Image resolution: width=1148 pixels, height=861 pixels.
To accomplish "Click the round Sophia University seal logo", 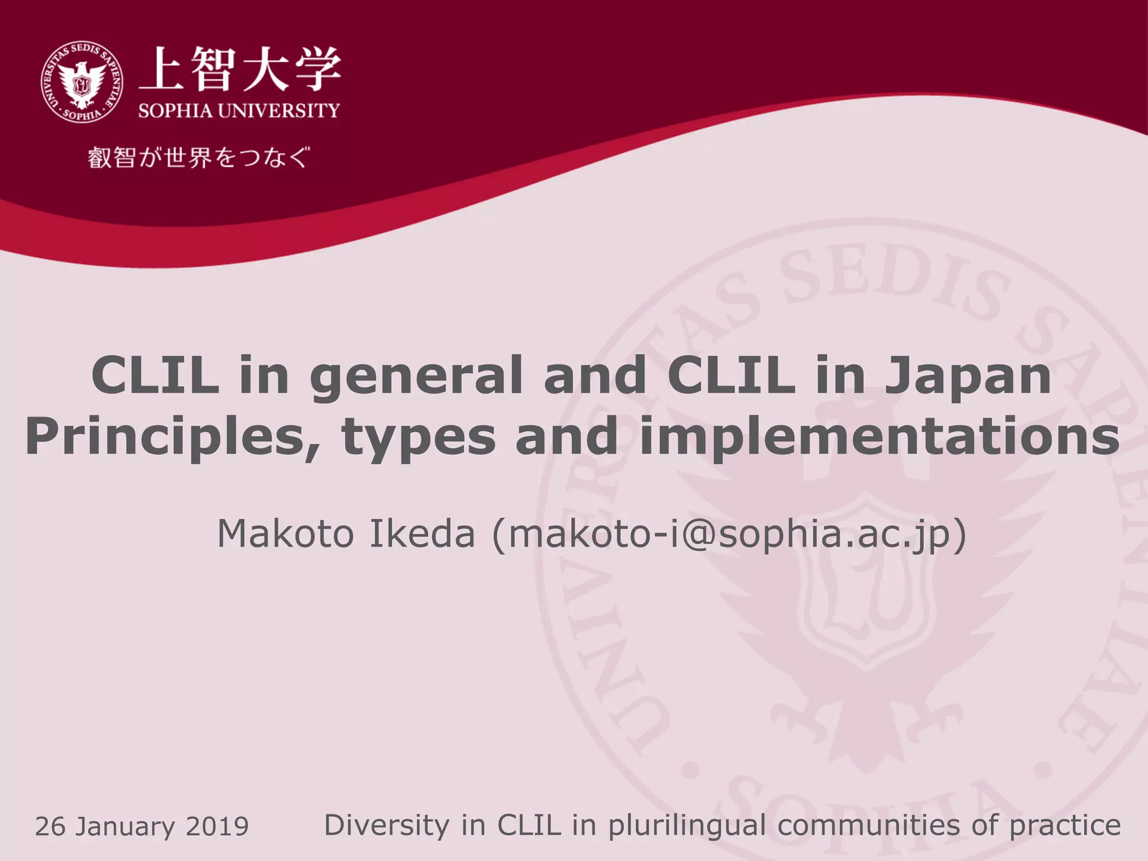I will click(82, 82).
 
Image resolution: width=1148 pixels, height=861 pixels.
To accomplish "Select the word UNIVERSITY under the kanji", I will click(279, 110).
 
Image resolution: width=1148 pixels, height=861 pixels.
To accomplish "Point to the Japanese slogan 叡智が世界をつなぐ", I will click(198, 158).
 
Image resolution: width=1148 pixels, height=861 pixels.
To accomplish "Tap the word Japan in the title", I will click(968, 376).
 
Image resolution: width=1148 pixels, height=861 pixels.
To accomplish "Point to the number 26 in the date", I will click(51, 827).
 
